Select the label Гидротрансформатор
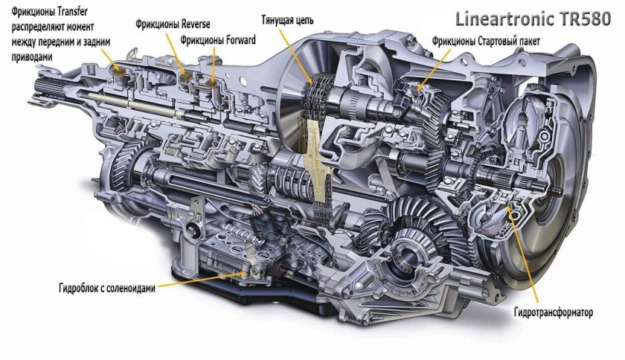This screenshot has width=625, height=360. coord(553,313)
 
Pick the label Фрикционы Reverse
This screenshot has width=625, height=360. coord(173,25)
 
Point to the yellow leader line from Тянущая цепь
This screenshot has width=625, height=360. coord(301,52)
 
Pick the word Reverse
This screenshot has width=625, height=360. coord(194,25)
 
